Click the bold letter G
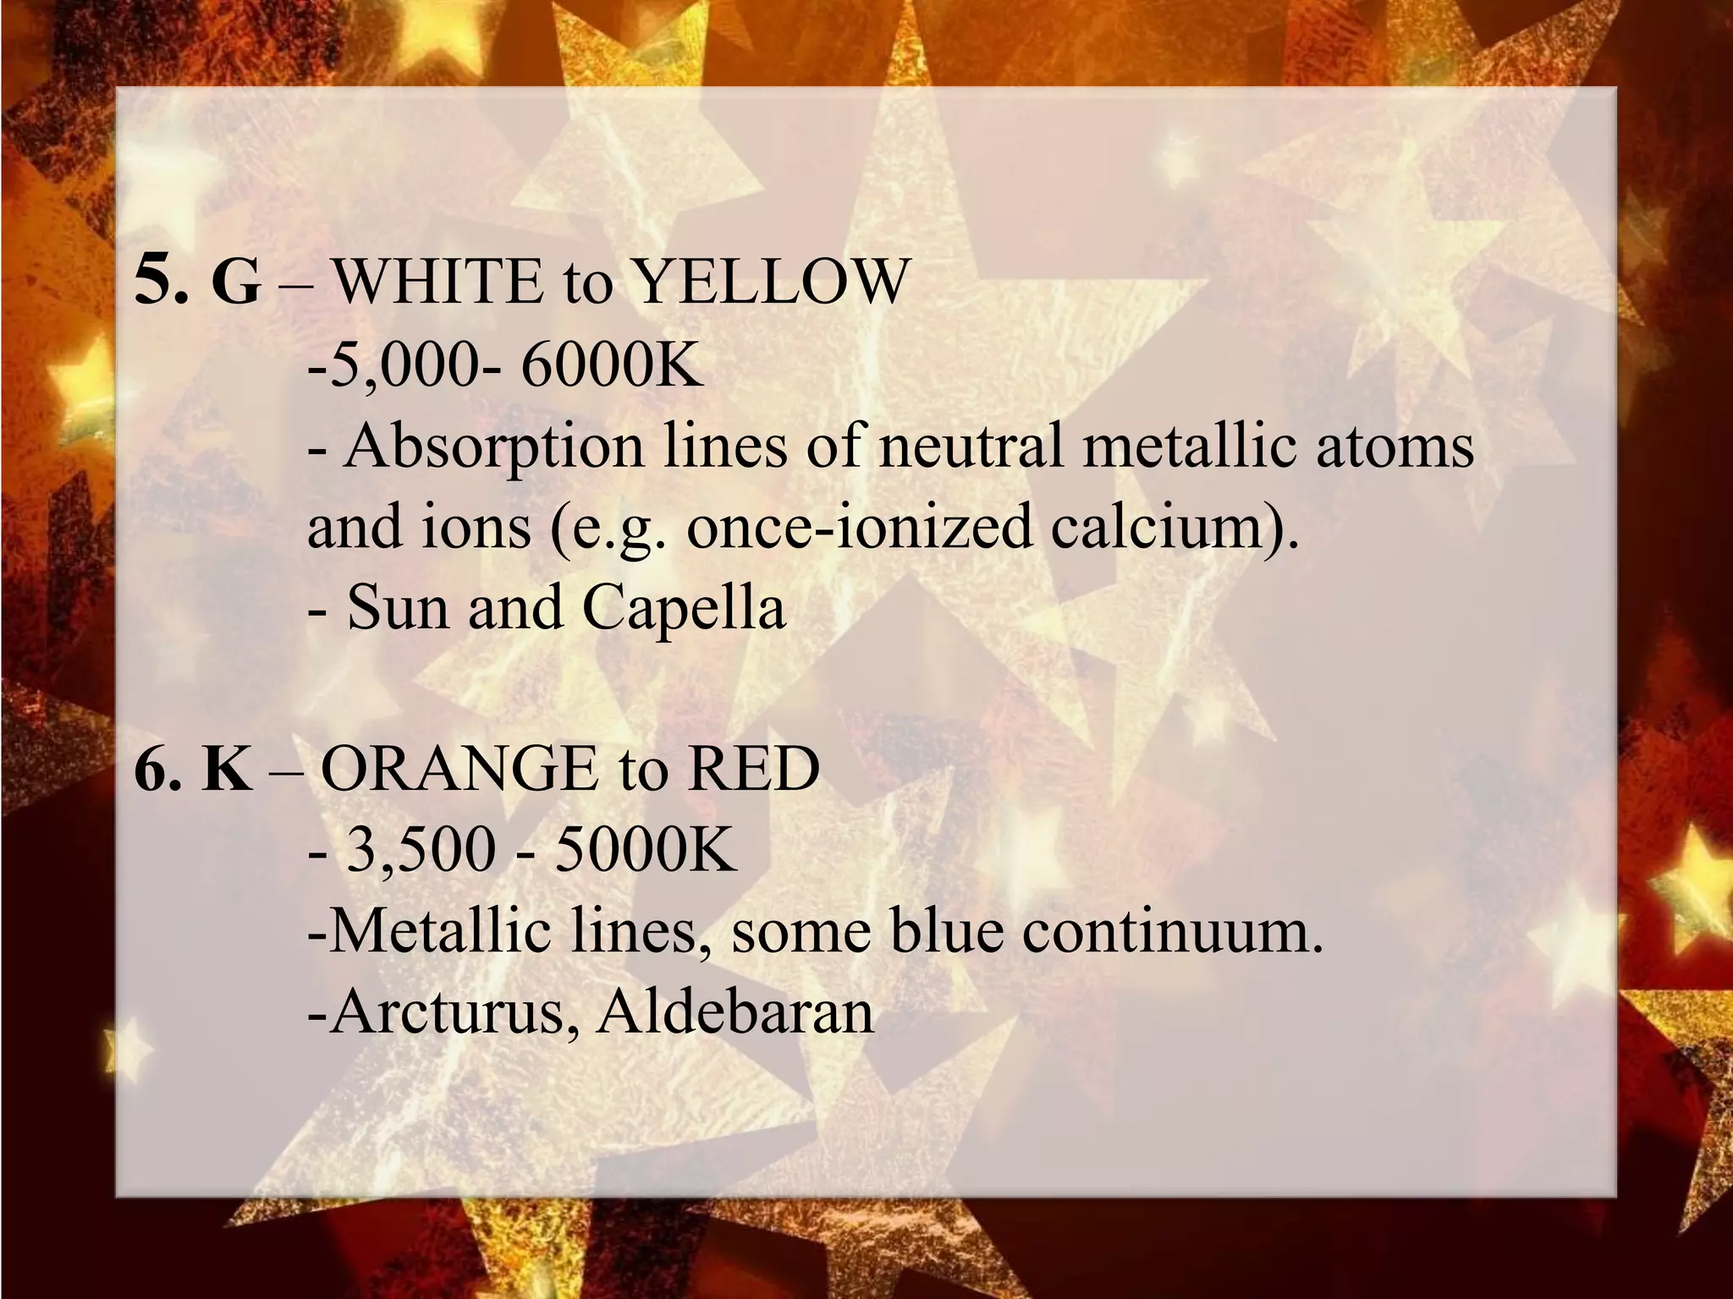[x=236, y=282]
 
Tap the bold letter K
[x=228, y=770]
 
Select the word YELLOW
[x=771, y=281]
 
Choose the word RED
[x=754, y=770]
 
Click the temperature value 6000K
[x=612, y=364]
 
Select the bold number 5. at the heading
[x=162, y=281]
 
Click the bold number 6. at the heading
[x=158, y=770]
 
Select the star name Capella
[x=685, y=608]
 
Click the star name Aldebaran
[x=735, y=1011]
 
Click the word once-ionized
[x=859, y=527]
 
